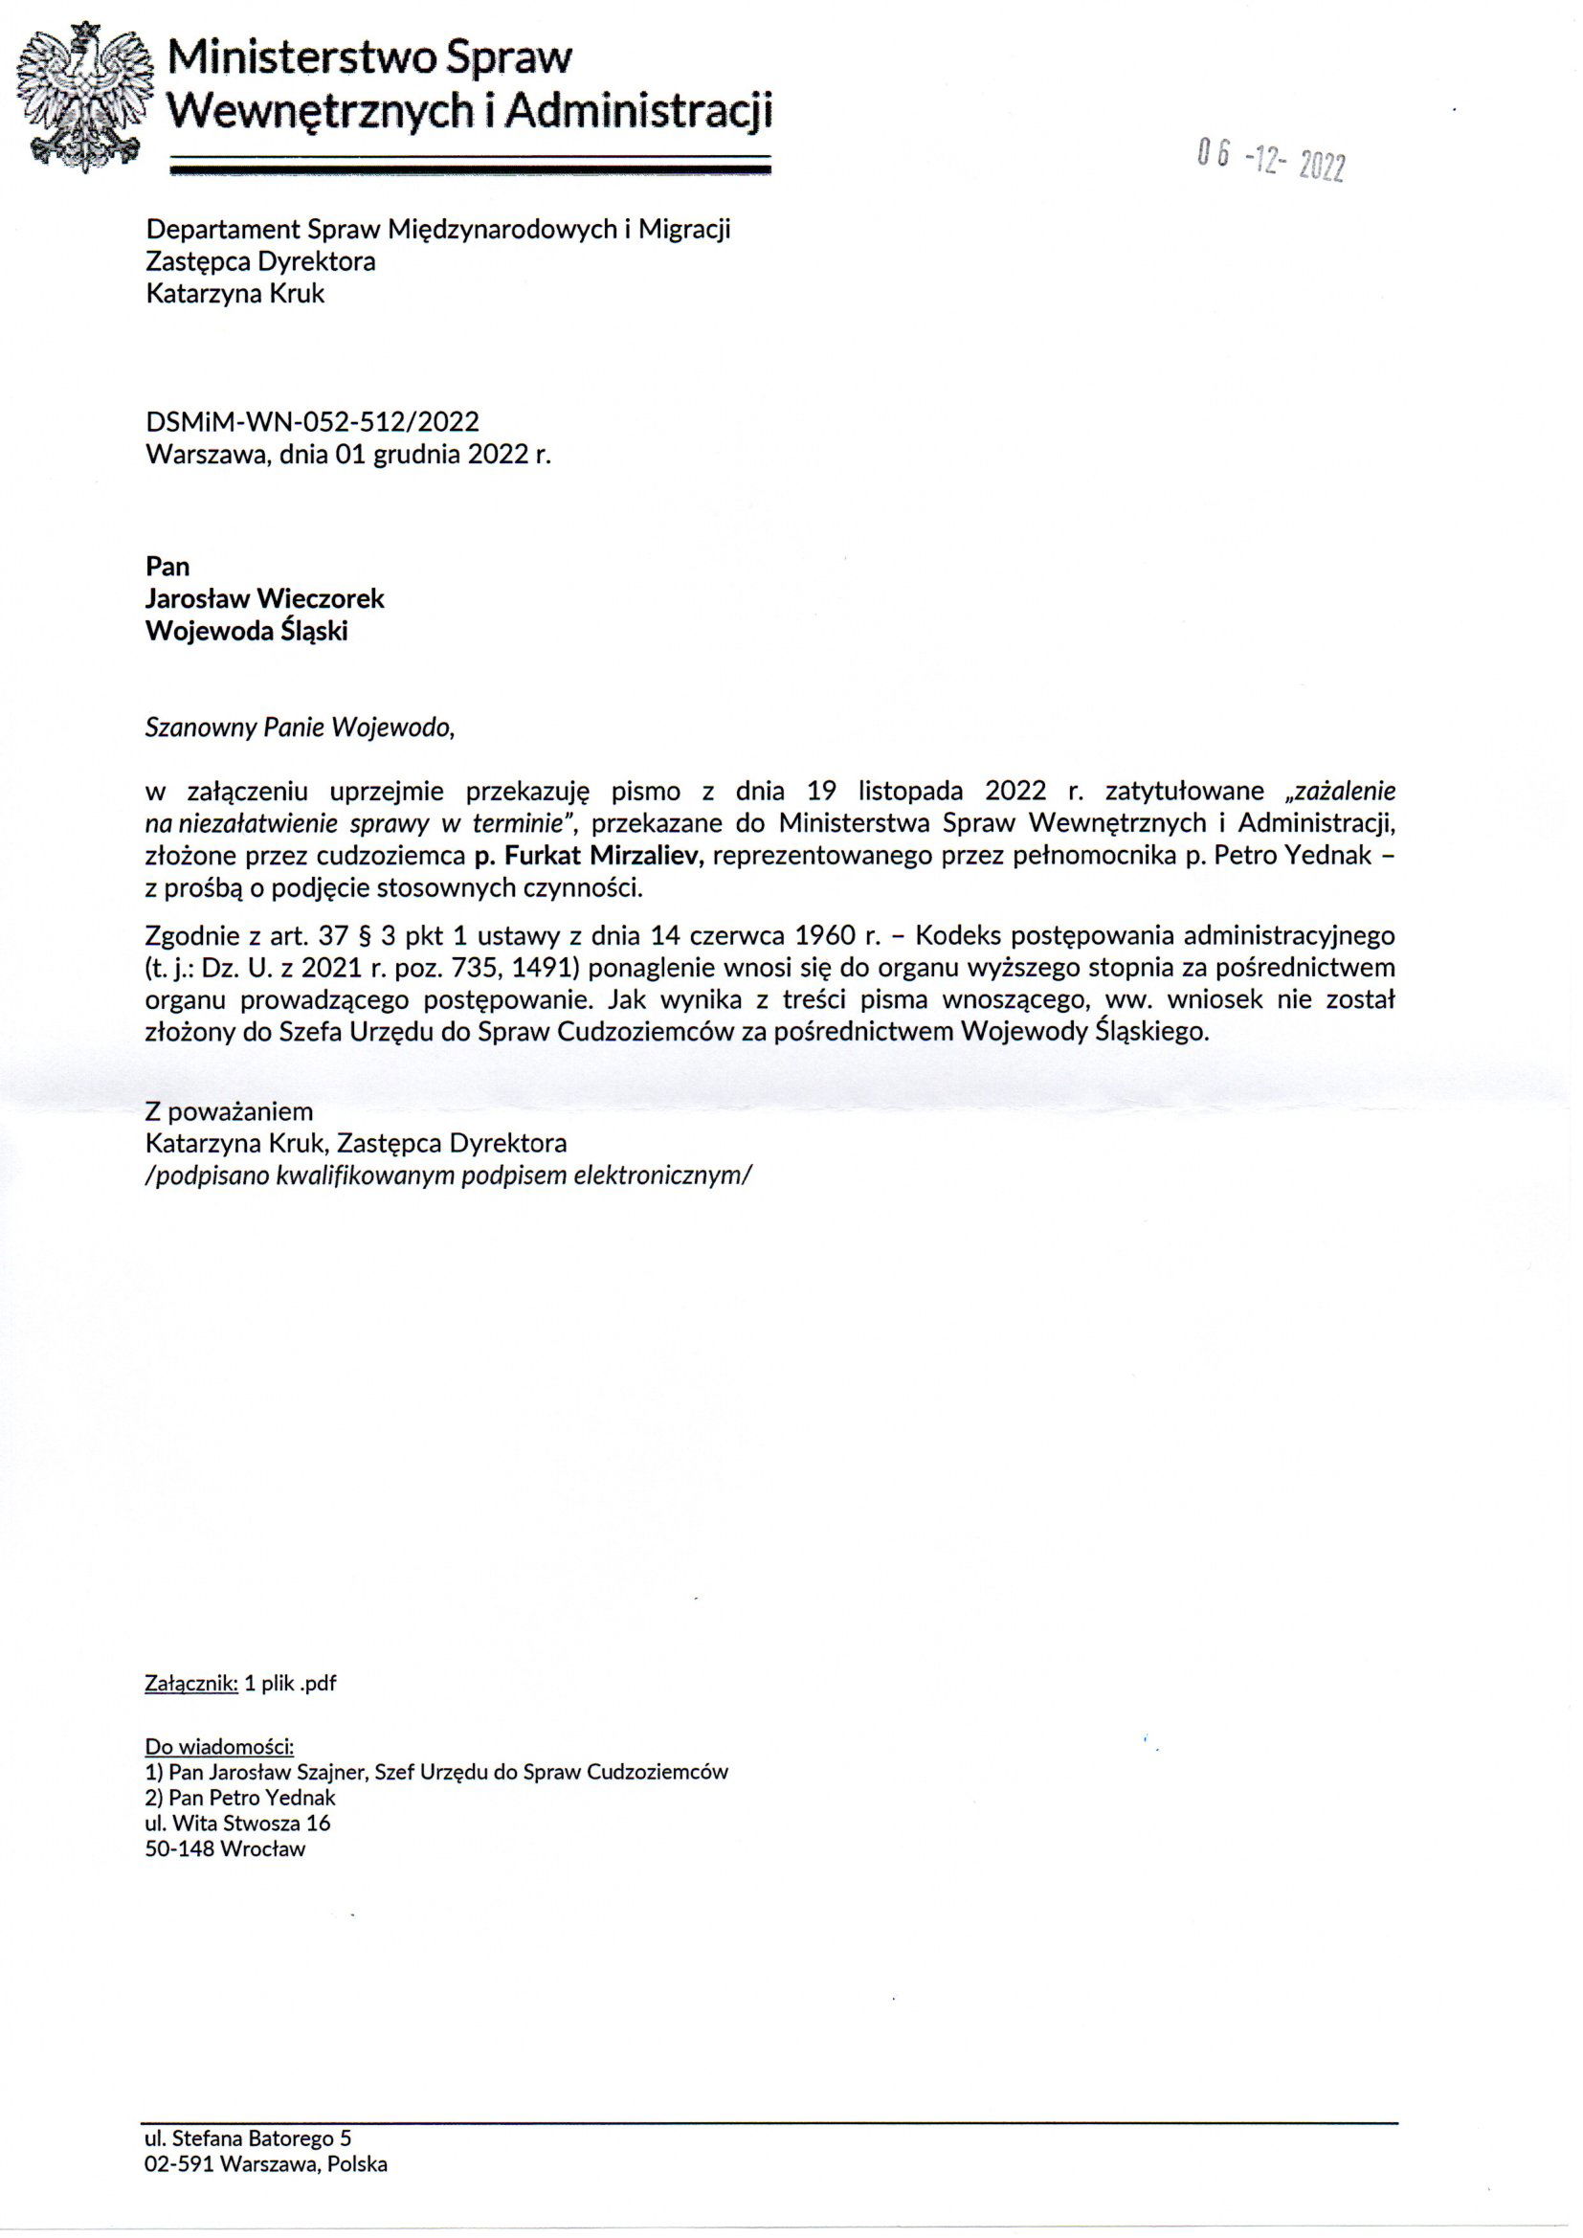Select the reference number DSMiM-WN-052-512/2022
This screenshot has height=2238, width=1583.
click(312, 421)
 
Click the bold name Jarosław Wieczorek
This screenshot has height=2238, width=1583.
click(264, 598)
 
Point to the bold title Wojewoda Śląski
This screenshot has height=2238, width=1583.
click(247, 632)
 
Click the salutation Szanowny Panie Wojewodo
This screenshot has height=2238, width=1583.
click(300, 728)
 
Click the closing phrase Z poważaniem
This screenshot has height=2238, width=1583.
click(229, 1111)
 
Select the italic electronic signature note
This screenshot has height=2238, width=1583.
click(447, 1175)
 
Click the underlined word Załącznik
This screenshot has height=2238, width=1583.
click(191, 1683)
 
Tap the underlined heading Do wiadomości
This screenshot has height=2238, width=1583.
click(219, 1746)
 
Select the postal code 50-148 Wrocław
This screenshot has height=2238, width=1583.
click(225, 1848)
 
